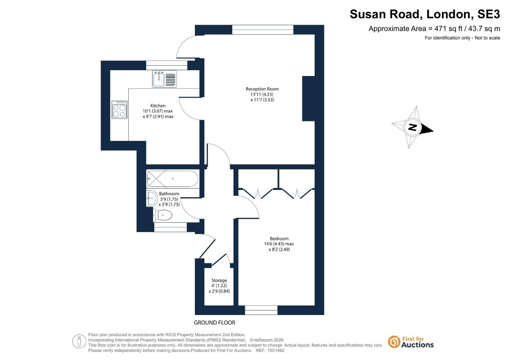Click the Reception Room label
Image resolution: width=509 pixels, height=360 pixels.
click(x=262, y=89)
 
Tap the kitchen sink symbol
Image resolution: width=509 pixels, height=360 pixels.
click(x=164, y=79)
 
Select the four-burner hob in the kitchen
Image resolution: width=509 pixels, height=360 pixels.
click(x=119, y=110)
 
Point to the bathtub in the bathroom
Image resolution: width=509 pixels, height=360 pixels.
click(x=172, y=179)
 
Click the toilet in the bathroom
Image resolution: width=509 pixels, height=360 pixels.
click(x=163, y=215)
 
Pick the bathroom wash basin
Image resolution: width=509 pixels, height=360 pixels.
click(x=151, y=198)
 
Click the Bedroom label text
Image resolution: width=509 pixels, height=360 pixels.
click(x=279, y=238)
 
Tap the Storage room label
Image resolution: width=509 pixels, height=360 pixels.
click(x=219, y=280)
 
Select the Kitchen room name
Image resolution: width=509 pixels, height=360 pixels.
click(x=158, y=105)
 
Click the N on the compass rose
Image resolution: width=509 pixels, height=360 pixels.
click(x=412, y=127)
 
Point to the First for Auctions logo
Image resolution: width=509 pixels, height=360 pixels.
click(x=411, y=342)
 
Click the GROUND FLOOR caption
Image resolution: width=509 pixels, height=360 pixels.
click(x=215, y=323)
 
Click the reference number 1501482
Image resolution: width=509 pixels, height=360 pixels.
click(x=275, y=351)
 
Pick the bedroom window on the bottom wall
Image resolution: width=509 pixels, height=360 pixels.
click(x=261, y=310)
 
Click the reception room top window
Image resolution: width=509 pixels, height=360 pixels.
click(x=263, y=30)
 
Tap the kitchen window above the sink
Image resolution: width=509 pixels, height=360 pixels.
click(x=167, y=65)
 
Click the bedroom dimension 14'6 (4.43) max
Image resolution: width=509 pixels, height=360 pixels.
click(x=279, y=244)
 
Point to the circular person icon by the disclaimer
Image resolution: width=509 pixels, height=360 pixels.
click(x=79, y=342)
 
